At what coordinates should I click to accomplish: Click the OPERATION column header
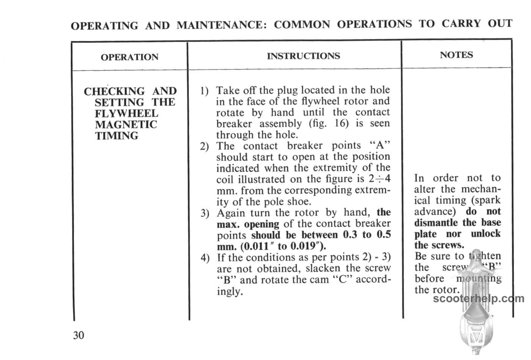point(129,57)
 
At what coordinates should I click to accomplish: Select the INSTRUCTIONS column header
point(303,56)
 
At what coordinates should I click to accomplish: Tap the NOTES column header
point(456,55)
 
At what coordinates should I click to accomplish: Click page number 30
point(79,335)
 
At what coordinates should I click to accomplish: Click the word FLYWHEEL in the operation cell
point(126,114)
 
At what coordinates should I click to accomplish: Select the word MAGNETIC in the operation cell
point(126,125)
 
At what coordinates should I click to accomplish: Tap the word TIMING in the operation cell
point(116,136)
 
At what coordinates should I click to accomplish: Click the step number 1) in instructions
point(204,91)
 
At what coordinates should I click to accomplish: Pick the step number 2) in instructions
point(204,147)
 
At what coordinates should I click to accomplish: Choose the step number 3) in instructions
point(205,213)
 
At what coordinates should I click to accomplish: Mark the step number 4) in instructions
point(205,258)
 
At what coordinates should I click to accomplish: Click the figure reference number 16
point(341,124)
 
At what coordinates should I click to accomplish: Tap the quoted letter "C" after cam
point(341,280)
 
